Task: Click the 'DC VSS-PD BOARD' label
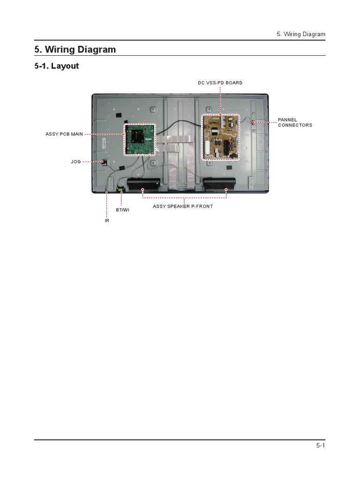[220, 83]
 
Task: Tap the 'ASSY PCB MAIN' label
[64, 134]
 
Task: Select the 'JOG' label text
[76, 162]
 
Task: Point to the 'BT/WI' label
[122, 210]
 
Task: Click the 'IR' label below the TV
[107, 220]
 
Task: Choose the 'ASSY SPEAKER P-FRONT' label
[183, 206]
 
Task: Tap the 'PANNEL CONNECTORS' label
[295, 123]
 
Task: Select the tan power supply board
[221, 137]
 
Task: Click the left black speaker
[144, 185]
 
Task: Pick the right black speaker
[219, 185]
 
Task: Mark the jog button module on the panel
[104, 162]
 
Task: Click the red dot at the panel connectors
[253, 122]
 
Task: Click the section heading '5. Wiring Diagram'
[75, 49]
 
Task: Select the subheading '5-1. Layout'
[57, 66]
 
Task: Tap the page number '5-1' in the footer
[320, 446]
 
